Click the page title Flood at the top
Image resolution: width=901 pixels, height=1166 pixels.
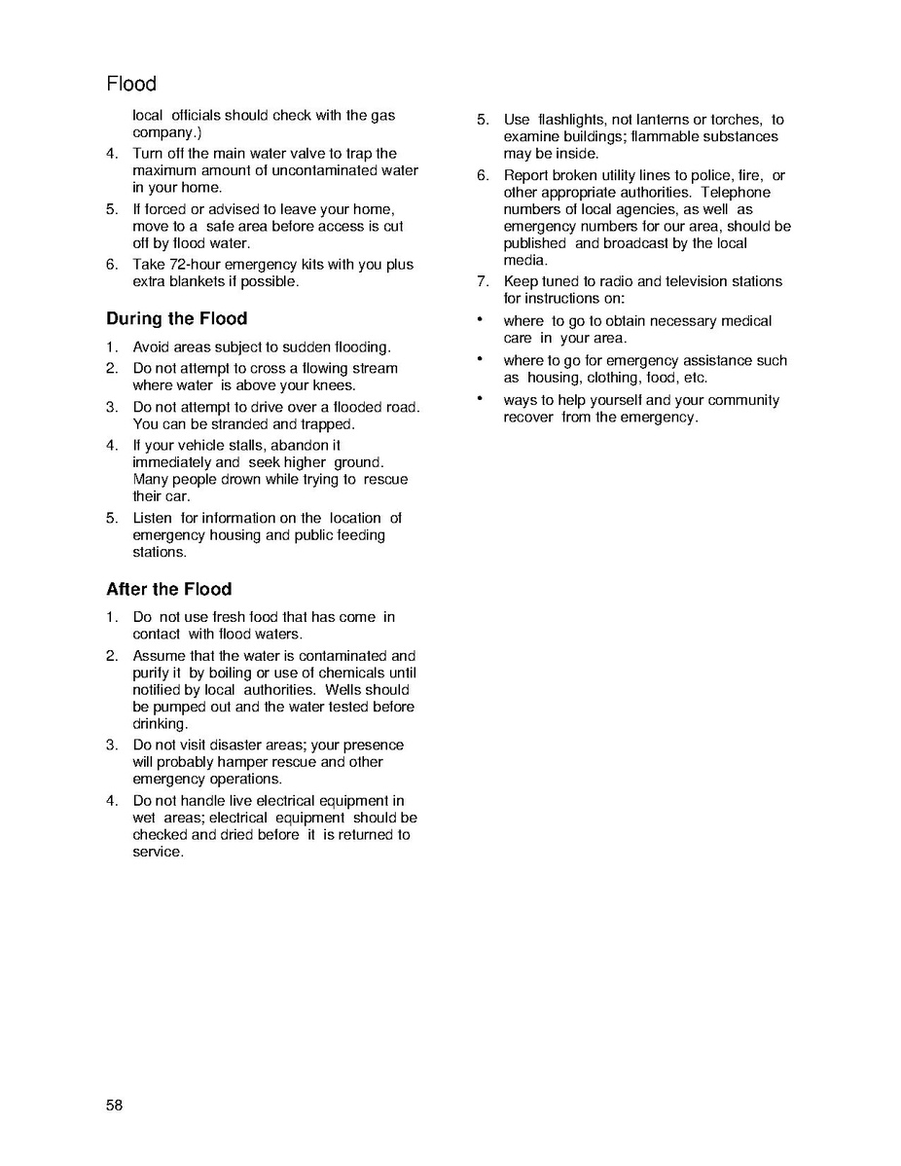tap(131, 84)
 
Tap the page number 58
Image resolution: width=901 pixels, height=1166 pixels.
tap(115, 1105)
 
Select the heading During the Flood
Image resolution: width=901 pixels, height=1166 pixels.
tap(176, 318)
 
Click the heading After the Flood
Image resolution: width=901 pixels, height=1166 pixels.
tap(168, 589)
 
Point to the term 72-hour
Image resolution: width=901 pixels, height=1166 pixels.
tap(201, 265)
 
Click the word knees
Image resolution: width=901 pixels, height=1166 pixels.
tap(334, 385)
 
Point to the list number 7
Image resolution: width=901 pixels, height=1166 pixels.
tap(482, 281)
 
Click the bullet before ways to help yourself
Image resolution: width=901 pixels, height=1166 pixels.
tap(480, 399)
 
